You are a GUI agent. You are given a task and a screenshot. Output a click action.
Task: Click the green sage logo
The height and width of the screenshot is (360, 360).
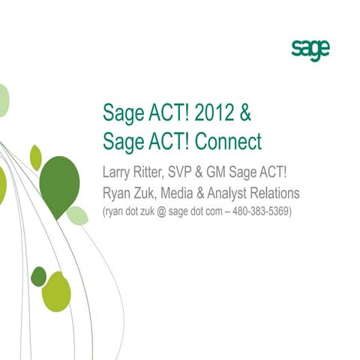(x=310, y=51)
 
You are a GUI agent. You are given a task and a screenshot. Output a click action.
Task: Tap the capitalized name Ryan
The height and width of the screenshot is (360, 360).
(x=118, y=193)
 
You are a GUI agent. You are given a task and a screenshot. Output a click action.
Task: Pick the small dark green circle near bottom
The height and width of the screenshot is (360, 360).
(x=38, y=277)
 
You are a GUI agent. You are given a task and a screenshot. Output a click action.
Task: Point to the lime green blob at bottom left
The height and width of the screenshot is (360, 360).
(x=57, y=292)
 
